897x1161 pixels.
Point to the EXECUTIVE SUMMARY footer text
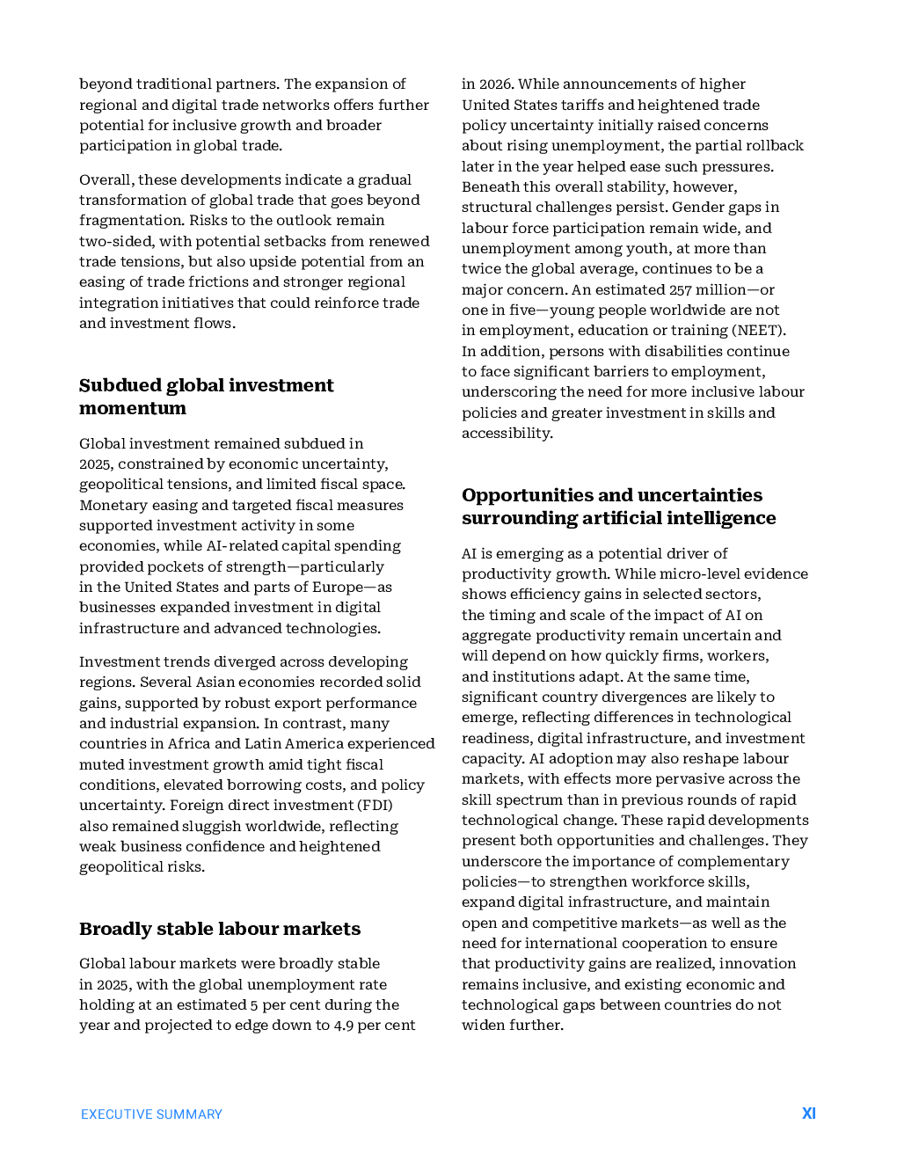151,1114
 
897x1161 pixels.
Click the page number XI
809,1114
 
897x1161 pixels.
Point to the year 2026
496,84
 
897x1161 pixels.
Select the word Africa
189,743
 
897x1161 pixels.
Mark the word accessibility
507,433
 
